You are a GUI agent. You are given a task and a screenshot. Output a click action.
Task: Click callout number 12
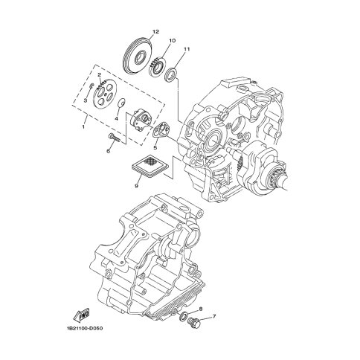(x=155, y=32)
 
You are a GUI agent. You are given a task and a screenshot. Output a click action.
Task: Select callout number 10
(x=173, y=40)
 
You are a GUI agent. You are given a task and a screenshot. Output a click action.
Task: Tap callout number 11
(x=187, y=49)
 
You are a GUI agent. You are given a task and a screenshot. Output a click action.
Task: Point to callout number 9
(x=136, y=187)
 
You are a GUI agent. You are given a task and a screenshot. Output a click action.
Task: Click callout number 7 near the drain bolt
(x=214, y=316)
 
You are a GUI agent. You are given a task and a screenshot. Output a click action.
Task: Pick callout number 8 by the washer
(x=201, y=309)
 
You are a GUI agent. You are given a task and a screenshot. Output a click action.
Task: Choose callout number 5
(x=155, y=148)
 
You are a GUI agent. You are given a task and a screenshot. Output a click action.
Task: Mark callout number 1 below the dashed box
(x=83, y=126)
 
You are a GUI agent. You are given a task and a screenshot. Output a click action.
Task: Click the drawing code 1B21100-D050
(x=85, y=329)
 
